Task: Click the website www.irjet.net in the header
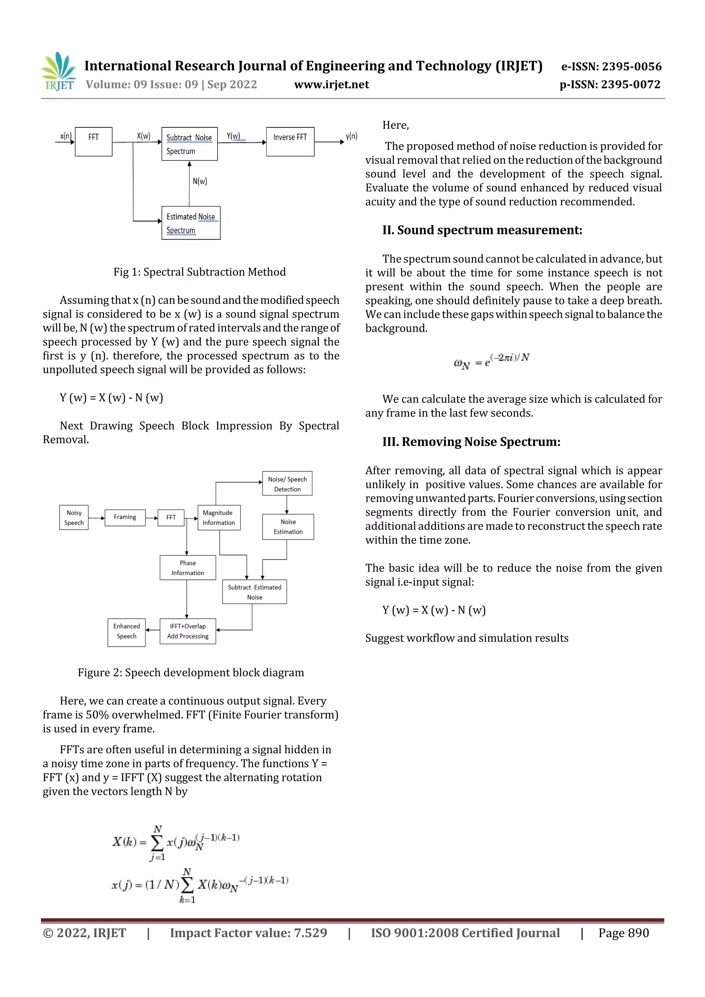pyautogui.click(x=332, y=84)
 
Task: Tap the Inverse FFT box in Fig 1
pyautogui.click(x=290, y=141)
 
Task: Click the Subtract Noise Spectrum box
pyautogui.click(x=189, y=144)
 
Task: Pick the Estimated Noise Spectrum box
pyautogui.click(x=191, y=223)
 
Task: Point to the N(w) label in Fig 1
pyautogui.click(x=200, y=181)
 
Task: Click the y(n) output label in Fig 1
pyautogui.click(x=351, y=136)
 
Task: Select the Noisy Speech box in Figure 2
pyautogui.click(x=74, y=517)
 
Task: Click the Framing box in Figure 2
pyautogui.click(x=125, y=517)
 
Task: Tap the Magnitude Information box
pyautogui.click(x=219, y=518)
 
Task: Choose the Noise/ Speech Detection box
pyautogui.click(x=287, y=484)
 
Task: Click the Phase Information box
pyautogui.click(x=188, y=568)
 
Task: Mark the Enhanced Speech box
pyautogui.click(x=126, y=632)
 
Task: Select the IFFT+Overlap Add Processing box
pyautogui.click(x=188, y=631)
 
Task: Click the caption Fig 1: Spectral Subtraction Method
pyautogui.click(x=199, y=272)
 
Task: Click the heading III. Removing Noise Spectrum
pyautogui.click(x=471, y=442)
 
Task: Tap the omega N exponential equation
pyautogui.click(x=491, y=361)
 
